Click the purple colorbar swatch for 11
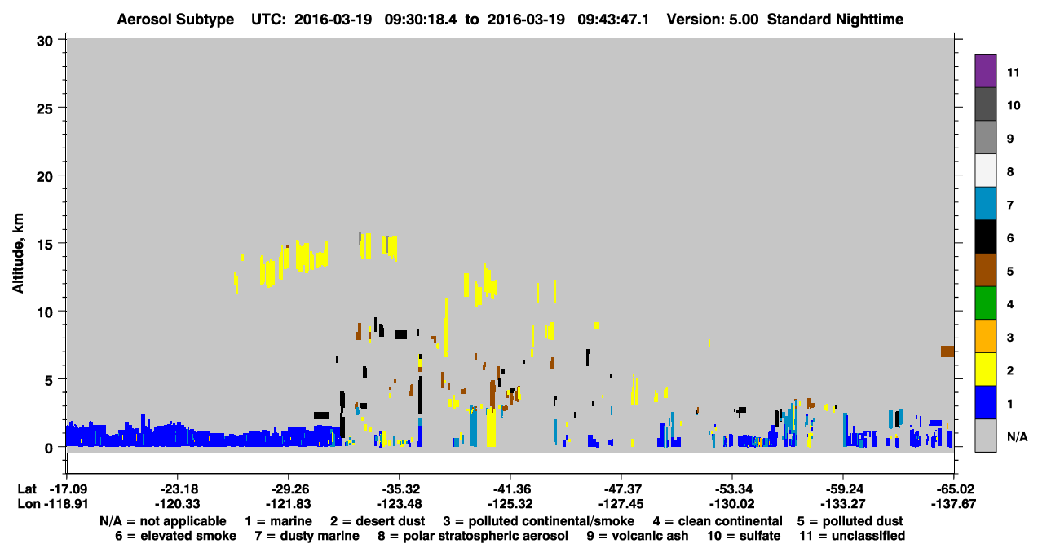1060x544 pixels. (x=985, y=71)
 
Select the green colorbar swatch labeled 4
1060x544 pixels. (x=985, y=303)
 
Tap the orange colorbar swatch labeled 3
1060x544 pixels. (x=985, y=336)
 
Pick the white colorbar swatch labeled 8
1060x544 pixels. (x=985, y=170)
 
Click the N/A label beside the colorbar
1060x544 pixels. (x=1017, y=436)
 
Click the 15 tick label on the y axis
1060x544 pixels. (x=45, y=244)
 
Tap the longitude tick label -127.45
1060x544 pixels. (x=621, y=504)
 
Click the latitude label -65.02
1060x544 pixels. (x=953, y=489)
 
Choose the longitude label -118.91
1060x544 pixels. (x=66, y=504)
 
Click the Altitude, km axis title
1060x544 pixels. (x=18, y=253)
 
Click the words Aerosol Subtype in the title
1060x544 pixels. (x=175, y=20)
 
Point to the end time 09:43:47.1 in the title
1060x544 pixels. (x=613, y=20)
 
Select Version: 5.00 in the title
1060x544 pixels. (x=713, y=20)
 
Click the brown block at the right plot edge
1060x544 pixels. (x=947, y=352)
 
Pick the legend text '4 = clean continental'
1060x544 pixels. (x=718, y=521)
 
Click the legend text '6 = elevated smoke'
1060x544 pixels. (x=175, y=536)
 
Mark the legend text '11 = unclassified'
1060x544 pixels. (x=852, y=536)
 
